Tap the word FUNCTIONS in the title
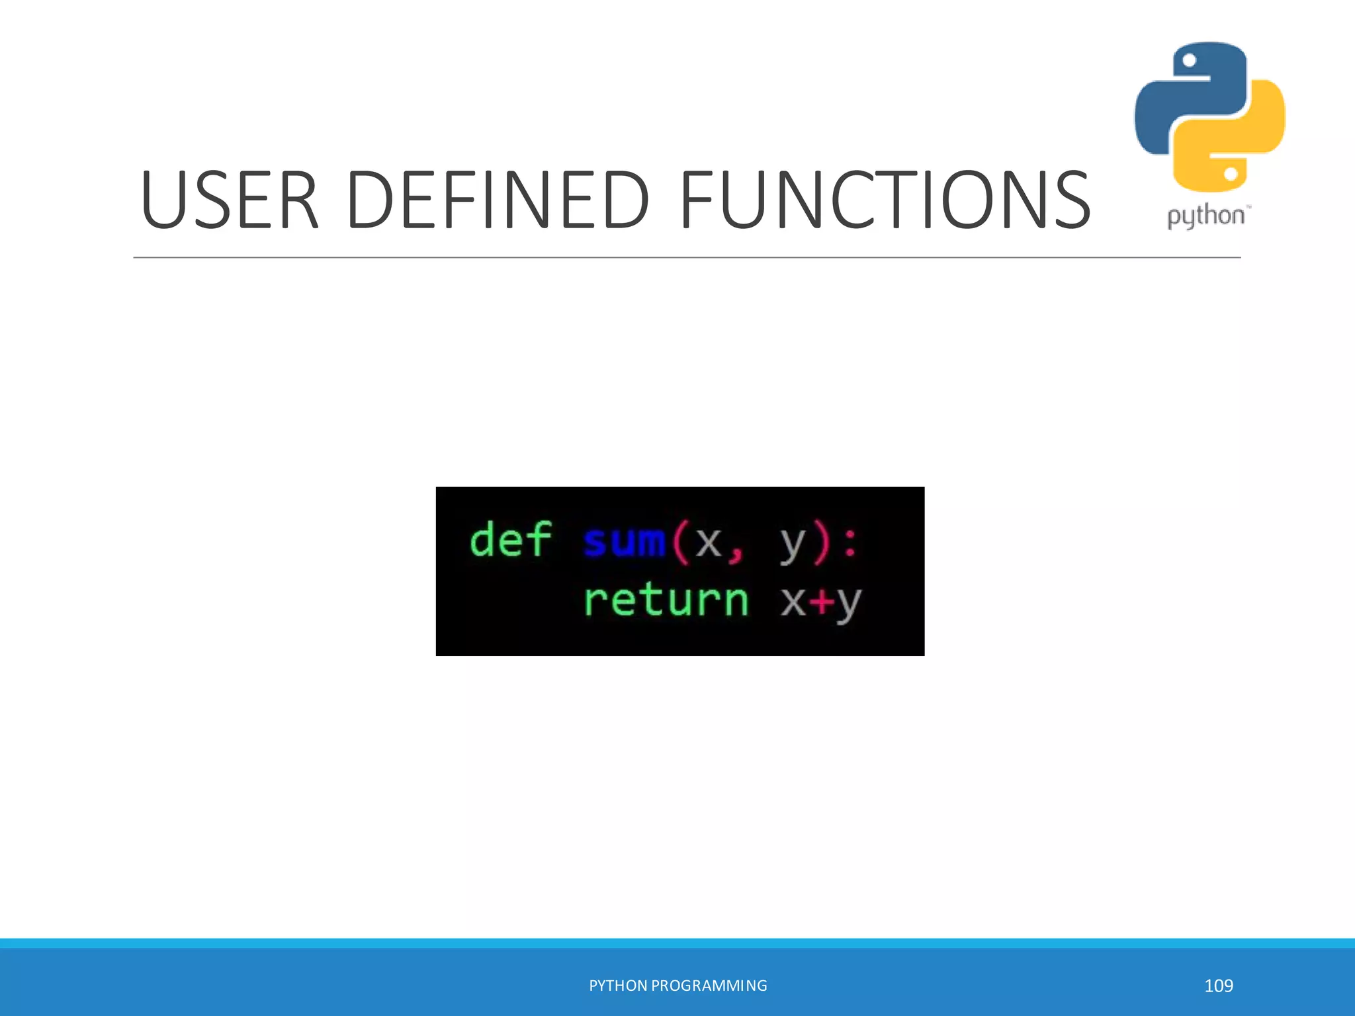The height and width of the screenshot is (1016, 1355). [885, 200]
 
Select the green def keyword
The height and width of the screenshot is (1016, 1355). [510, 540]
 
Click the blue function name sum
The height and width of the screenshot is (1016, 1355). [624, 541]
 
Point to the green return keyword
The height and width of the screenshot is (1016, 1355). [666, 601]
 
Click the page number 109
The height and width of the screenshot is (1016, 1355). [1218, 986]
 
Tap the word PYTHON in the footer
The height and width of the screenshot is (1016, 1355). [618, 986]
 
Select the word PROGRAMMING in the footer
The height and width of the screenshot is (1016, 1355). [709, 986]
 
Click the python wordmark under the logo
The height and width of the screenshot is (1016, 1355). [1207, 216]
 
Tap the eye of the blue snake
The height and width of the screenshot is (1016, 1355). [1189, 61]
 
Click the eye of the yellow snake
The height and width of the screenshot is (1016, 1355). [1231, 174]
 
